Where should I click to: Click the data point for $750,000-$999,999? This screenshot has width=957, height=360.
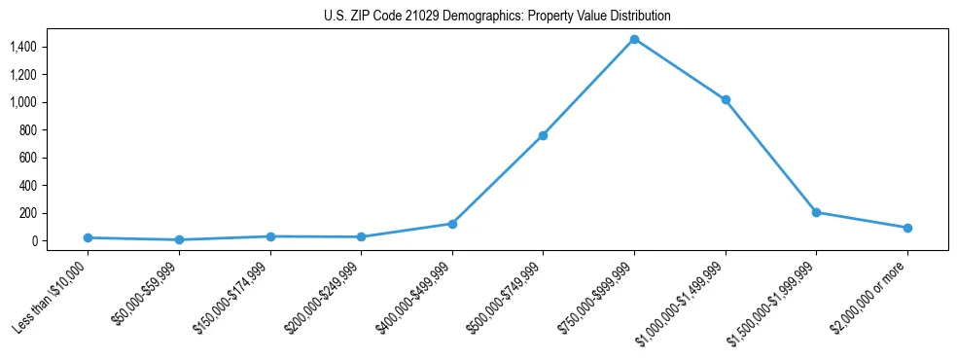634,39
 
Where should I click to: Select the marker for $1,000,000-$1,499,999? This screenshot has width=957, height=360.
725,100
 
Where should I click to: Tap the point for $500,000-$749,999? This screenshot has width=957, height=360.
543,135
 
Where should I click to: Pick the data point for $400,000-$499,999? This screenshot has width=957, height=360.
452,224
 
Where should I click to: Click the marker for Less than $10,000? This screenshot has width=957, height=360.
88,237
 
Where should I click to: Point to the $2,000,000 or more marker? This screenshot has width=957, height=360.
907,228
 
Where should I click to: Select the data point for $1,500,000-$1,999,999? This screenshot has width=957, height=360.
816,212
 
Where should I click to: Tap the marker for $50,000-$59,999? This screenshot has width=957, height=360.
179,239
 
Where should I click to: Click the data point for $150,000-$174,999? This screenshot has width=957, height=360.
270,236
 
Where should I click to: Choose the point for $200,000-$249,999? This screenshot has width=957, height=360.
361,236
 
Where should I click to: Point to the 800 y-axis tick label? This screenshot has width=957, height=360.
27,129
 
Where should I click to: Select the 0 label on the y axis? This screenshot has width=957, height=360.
33,240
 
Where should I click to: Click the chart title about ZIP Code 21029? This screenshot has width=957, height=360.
497,17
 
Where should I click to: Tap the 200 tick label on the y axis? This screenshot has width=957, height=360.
27,213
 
